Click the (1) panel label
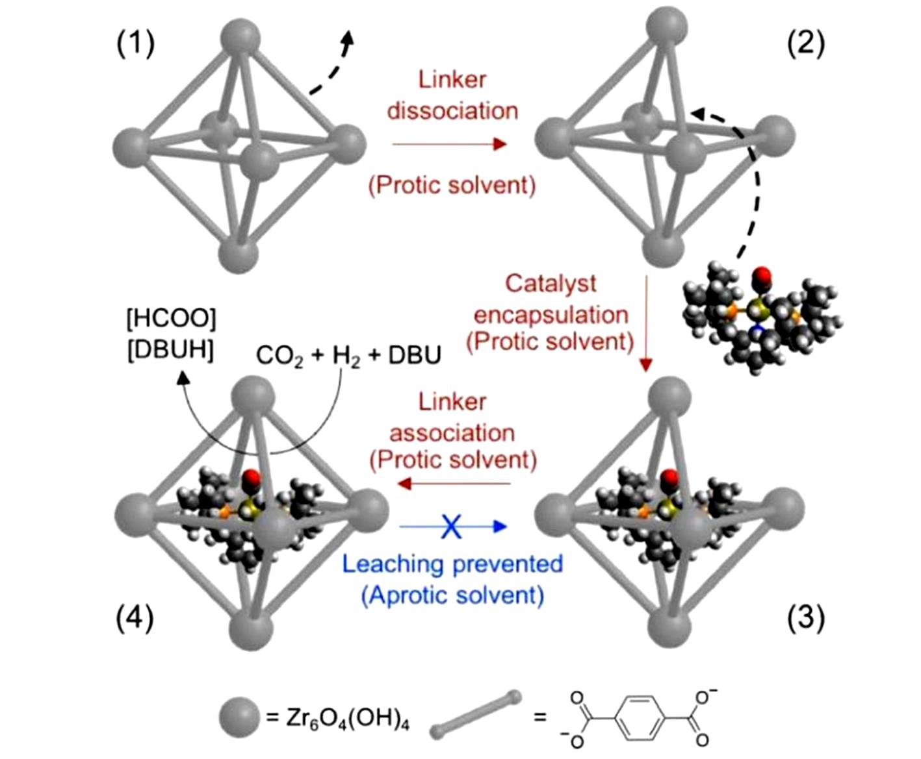coord(136,44)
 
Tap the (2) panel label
coord(805,44)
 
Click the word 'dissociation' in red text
coord(452,110)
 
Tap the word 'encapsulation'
coord(551,315)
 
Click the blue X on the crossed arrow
coord(451,526)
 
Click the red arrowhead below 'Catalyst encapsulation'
coord(645,365)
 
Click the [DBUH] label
coord(170,350)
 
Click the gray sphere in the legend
coord(239,717)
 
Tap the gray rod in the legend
coord(476,714)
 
